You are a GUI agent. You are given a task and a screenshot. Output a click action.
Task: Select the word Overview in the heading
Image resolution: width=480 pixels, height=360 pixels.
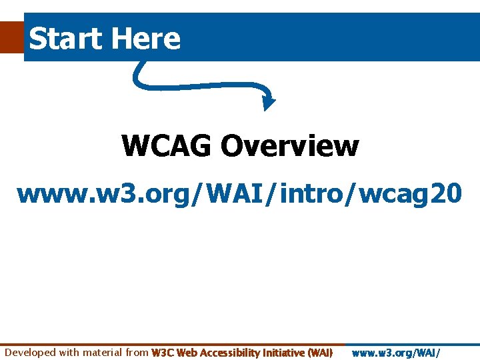[289, 145]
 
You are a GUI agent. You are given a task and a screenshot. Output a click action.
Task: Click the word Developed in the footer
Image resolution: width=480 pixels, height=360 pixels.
[30, 352]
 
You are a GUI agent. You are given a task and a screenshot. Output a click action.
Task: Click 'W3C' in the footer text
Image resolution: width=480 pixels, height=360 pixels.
[163, 352]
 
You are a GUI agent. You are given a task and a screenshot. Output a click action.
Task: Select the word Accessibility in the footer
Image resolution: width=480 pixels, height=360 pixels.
[230, 352]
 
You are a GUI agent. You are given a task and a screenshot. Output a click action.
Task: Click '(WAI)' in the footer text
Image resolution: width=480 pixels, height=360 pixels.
[321, 352]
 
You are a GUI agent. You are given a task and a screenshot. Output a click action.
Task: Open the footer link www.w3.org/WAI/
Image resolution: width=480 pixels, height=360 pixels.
[396, 352]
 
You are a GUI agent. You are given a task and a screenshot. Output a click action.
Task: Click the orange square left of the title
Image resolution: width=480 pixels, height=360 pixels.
[11, 36]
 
